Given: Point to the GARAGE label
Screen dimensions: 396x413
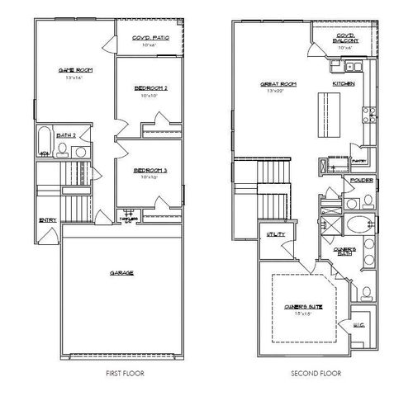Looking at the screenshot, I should (121, 272).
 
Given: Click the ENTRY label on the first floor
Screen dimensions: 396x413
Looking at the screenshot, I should (47, 219).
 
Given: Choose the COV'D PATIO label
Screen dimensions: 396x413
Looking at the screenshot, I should (150, 37).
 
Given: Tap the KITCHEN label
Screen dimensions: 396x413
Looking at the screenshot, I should (344, 83).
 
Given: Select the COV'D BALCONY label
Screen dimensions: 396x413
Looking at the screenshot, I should (346, 38).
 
